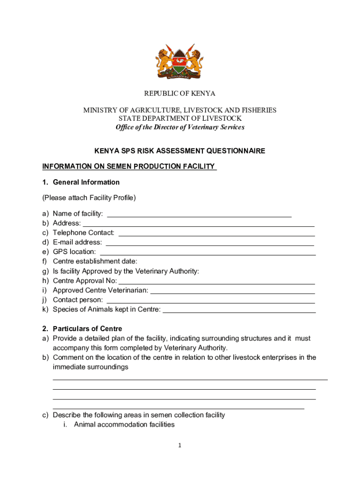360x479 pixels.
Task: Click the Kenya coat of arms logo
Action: pyautogui.click(x=180, y=61)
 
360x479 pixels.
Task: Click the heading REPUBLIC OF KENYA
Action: pyautogui.click(x=180, y=94)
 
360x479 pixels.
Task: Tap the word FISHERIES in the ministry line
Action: pyautogui.click(x=256, y=110)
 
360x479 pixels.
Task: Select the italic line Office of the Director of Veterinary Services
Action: pyautogui.click(x=180, y=127)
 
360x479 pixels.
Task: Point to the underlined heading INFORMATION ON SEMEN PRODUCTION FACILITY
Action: pyautogui.click(x=129, y=167)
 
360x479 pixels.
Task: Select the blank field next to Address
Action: pyautogui.click(x=198, y=224)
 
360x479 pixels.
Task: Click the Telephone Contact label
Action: pyautogui.click(x=84, y=233)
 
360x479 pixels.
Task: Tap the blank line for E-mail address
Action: pyautogui.click(x=210, y=243)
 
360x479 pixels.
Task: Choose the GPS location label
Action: pyautogui.click(x=74, y=252)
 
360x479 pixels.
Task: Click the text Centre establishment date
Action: pyautogui.click(x=95, y=261)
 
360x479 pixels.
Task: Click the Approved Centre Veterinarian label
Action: pyautogui.click(x=101, y=290)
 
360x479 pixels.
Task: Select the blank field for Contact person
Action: pyautogui.click(x=210, y=301)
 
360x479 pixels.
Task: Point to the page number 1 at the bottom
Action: pyautogui.click(x=179, y=446)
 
